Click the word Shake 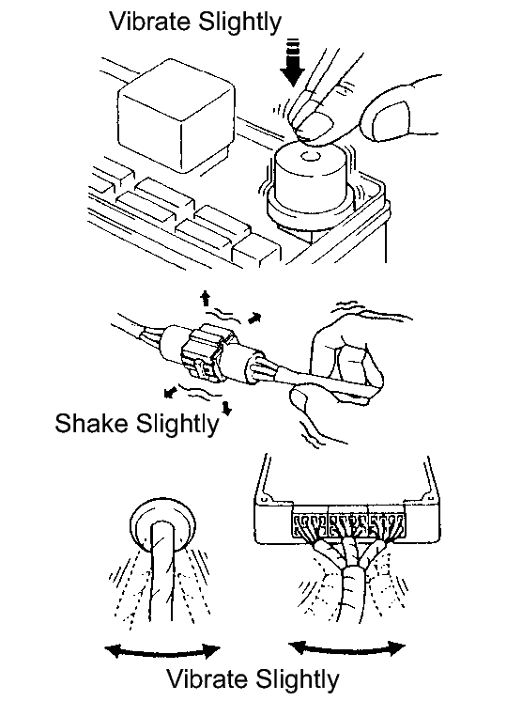[92, 423]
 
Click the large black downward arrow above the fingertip [293, 62]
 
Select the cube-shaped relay [176, 116]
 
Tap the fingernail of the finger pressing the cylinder [315, 125]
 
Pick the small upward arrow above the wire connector [206, 298]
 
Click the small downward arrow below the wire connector [227, 408]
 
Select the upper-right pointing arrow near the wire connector [254, 318]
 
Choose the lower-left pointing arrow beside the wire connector [170, 392]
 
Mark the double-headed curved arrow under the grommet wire [161, 653]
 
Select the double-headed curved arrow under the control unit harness [346, 649]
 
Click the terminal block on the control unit [348, 525]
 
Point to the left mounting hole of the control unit [265, 499]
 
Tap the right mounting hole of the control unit [429, 496]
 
